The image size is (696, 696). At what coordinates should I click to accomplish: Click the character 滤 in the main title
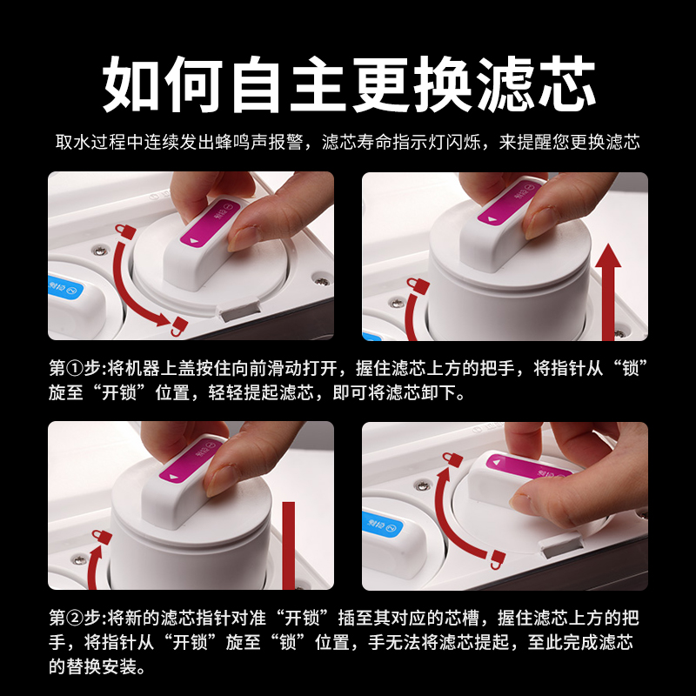click(x=506, y=84)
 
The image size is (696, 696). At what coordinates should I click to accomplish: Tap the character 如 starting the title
click(x=131, y=84)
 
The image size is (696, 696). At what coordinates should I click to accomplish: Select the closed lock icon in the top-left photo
click(x=125, y=231)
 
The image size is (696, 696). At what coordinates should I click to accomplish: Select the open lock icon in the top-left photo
click(x=179, y=326)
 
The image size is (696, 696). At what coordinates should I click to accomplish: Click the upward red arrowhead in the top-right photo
click(x=607, y=256)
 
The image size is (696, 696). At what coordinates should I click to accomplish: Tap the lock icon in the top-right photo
click(x=418, y=286)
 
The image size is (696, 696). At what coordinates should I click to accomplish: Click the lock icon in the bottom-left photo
click(x=102, y=538)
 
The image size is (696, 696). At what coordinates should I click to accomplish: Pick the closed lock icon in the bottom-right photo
click(x=452, y=459)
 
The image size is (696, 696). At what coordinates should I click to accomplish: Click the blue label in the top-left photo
click(x=65, y=287)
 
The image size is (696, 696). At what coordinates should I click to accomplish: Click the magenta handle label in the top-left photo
click(x=211, y=224)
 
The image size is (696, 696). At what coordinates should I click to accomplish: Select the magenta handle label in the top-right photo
click(x=509, y=203)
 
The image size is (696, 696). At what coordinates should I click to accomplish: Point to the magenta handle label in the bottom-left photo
click(x=192, y=459)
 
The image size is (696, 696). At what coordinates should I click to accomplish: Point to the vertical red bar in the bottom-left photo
click(x=289, y=545)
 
